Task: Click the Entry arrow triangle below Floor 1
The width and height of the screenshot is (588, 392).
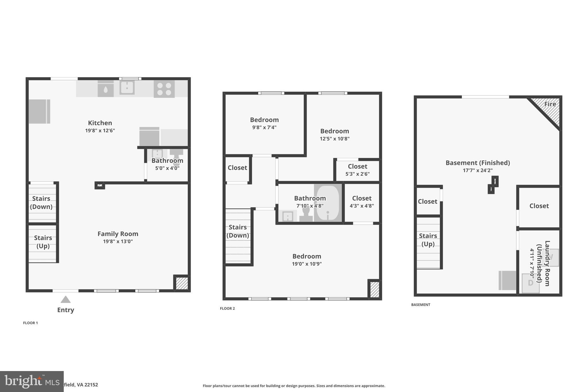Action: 65,300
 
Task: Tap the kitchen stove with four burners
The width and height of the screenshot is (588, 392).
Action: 164,89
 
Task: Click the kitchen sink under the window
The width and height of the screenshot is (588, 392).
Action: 127,87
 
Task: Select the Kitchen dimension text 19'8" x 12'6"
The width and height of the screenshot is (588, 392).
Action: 100,130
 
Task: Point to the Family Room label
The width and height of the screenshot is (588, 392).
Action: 118,234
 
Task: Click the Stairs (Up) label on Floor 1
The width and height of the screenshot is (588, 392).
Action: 43,242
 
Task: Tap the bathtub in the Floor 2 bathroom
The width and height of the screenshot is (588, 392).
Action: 328,203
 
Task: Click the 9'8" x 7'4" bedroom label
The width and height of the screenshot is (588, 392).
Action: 264,127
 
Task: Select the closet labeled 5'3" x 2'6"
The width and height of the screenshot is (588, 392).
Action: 357,170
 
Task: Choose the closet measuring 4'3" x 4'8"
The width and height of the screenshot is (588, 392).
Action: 362,202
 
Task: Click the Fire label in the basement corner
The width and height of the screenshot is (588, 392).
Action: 550,104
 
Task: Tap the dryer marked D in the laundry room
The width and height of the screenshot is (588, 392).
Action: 530,283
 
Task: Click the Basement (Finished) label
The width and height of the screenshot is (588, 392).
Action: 477,163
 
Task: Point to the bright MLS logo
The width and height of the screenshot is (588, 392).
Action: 32,381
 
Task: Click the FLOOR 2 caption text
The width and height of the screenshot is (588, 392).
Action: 227,308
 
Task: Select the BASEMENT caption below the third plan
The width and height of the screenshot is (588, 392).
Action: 420,305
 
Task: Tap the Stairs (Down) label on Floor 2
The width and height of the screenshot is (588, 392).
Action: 238,231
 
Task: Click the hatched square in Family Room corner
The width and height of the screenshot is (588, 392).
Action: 181,283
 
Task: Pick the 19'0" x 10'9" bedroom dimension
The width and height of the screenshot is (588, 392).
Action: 307,264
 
